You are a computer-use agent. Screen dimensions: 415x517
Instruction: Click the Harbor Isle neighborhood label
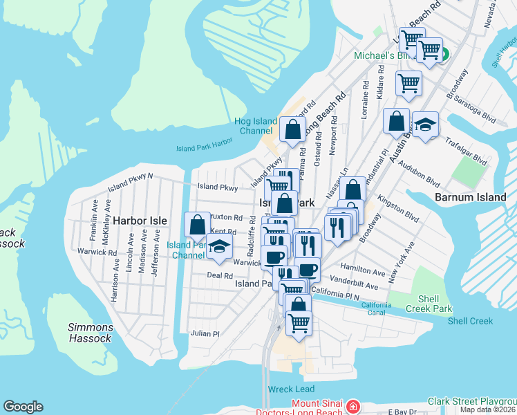coord(140,221)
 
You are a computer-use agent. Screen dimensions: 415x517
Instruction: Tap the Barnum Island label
coord(471,197)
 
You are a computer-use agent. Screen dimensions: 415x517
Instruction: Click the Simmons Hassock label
coord(90,333)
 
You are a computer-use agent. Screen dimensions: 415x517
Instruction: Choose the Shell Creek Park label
coord(429,303)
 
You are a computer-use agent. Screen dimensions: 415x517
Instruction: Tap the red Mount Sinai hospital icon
coord(353,405)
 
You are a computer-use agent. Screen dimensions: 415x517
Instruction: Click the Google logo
coord(23,407)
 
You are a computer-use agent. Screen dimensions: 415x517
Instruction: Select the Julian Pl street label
coord(205,333)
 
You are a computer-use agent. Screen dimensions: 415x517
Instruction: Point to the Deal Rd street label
coord(219,275)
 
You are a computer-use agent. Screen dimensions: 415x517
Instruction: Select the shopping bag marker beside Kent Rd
coord(197,225)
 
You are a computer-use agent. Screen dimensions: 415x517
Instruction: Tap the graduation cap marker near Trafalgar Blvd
coord(425,124)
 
